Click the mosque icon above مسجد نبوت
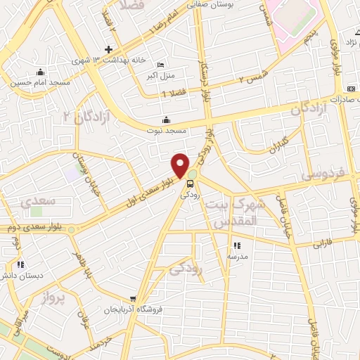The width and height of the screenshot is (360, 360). pos(166,119)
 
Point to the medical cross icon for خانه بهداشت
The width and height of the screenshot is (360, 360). pos(108,49)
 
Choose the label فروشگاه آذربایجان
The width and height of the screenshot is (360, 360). pos(134,309)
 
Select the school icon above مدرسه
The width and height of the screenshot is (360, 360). pos(236,245)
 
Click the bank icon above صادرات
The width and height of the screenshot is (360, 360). pos(351,89)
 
